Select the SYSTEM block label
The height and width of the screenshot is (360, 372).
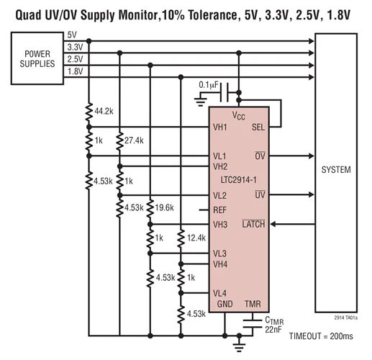pyautogui.click(x=336, y=170)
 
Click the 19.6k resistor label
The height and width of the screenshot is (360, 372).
pyautogui.click(x=165, y=209)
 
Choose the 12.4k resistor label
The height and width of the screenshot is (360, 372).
pyautogui.click(x=196, y=237)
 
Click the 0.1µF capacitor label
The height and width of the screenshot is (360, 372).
pyautogui.click(x=210, y=85)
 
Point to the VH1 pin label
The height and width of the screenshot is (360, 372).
pyautogui.click(x=220, y=127)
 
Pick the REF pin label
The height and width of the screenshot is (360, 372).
pyautogui.click(x=220, y=210)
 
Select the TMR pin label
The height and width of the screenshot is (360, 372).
pyautogui.click(x=255, y=304)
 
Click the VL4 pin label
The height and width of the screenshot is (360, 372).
pyautogui.click(x=220, y=293)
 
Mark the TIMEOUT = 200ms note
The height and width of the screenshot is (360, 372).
pyautogui.click(x=322, y=336)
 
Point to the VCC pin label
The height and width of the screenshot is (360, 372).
pyautogui.click(x=238, y=115)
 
